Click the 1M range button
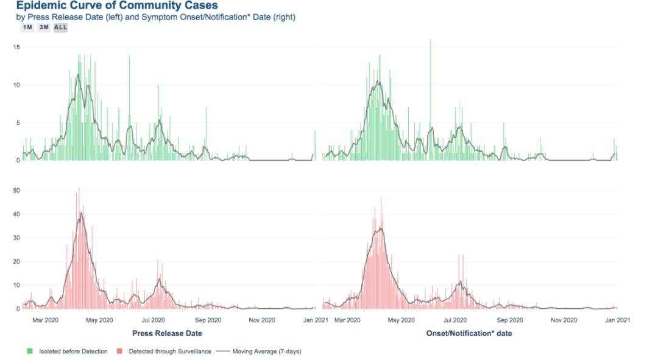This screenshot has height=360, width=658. click(27, 27)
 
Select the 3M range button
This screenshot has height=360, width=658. click(43, 27)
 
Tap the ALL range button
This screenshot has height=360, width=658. click(60, 27)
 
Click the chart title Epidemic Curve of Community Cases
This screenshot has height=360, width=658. click(116, 5)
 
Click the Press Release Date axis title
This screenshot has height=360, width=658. click(167, 333)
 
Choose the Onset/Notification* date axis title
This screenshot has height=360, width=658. click(469, 333)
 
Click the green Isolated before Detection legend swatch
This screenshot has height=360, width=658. click(29, 351)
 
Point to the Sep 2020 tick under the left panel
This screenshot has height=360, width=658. click(208, 319)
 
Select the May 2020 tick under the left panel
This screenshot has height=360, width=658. click(100, 319)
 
